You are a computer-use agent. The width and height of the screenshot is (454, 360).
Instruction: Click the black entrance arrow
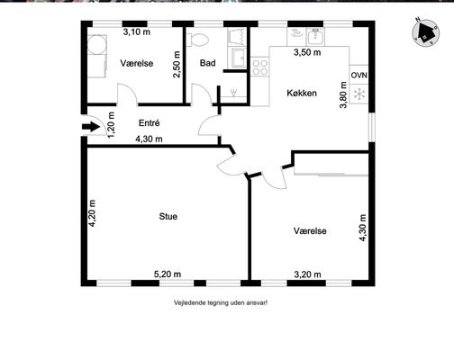91,127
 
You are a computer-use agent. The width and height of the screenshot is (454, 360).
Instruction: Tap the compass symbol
425,32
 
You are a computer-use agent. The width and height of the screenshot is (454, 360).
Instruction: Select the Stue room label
168,216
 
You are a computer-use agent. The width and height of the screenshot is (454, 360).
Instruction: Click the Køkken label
302,93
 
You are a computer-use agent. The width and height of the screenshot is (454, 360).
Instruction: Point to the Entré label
149,122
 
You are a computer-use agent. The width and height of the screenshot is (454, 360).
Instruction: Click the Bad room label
207,63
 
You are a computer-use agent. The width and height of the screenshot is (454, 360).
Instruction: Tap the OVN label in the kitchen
359,75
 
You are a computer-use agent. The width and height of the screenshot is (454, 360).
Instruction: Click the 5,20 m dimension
168,274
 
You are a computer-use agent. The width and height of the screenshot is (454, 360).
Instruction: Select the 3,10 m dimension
137,31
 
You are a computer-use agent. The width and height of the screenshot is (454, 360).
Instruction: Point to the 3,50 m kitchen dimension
307,52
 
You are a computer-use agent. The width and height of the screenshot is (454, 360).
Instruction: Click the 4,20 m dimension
93,213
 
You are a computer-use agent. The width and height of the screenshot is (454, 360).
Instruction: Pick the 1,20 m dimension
111,125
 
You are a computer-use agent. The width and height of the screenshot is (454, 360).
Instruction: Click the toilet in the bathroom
198,40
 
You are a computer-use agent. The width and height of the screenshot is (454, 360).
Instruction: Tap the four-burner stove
260,67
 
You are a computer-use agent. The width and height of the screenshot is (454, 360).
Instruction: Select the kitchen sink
315,37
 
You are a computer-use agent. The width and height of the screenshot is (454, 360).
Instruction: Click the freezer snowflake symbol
359,94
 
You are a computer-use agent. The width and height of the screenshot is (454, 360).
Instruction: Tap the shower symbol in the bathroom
233,93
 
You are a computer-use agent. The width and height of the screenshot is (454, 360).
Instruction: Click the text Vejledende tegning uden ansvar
221,302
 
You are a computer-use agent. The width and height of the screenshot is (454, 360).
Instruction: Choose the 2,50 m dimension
177,65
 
